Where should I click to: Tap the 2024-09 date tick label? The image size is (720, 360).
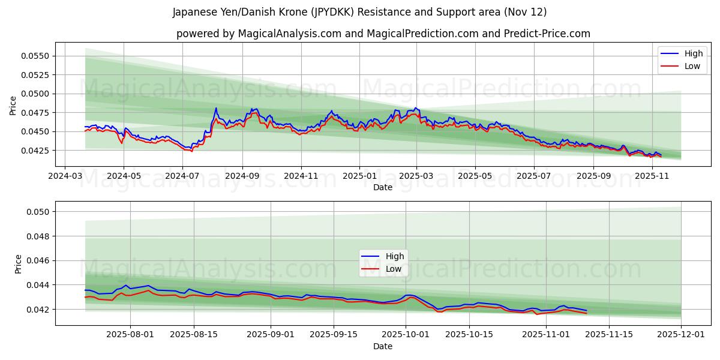coord(242,176)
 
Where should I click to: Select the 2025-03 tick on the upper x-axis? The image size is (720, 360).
coord(417,176)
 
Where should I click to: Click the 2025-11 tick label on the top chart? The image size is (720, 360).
coord(652,176)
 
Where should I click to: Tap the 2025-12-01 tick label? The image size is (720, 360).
coord(681,335)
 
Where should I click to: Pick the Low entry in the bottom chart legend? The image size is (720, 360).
coord(394,269)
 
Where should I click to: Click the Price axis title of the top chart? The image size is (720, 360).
coord(13,105)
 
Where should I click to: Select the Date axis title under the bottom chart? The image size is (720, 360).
coord(383,346)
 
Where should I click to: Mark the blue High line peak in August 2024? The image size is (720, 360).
coord(216,108)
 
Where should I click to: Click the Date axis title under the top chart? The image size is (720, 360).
coord(383,187)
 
